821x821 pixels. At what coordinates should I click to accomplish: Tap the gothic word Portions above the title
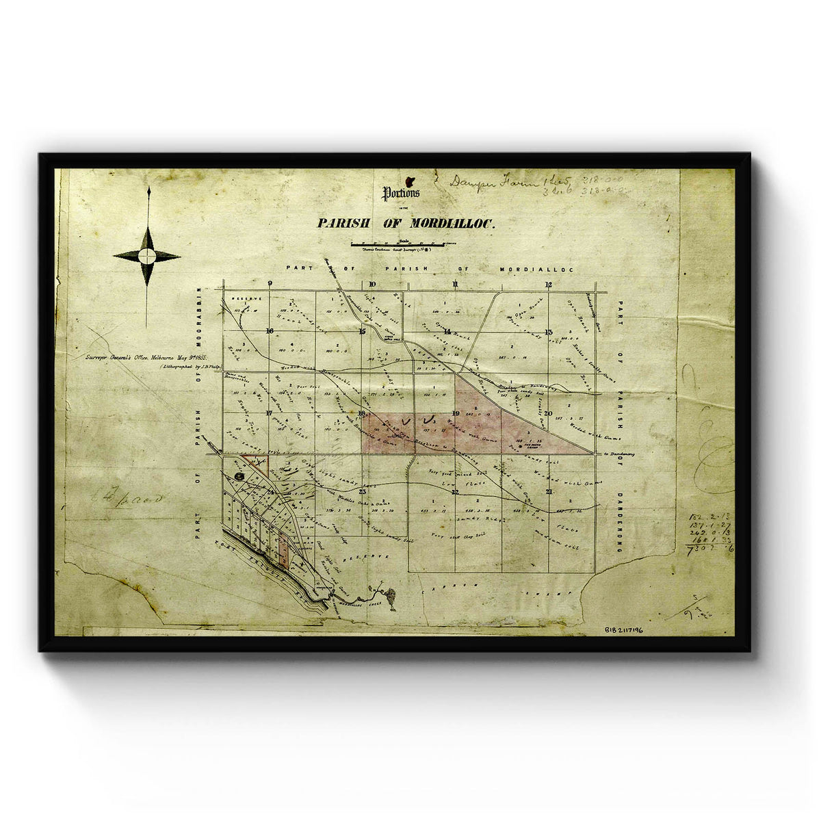coord(401,193)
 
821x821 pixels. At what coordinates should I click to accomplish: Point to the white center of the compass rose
coord(147,256)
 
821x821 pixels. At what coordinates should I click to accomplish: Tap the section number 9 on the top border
coord(271,284)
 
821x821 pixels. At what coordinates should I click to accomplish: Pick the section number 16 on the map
coord(270,331)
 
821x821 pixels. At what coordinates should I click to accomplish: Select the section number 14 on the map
coord(447,331)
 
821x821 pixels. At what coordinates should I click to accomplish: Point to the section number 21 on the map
coord(549,491)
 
